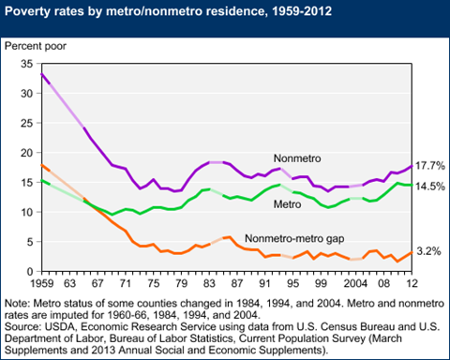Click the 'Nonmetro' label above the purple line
point(295,157)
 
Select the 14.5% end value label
point(427,187)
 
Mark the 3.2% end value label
point(427,251)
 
